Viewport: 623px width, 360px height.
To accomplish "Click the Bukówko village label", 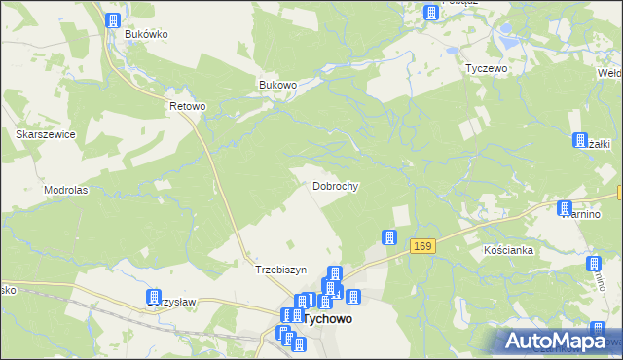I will point(147,34).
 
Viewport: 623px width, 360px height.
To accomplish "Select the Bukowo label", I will point(277,85).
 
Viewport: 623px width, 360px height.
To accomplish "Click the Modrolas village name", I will point(66,190).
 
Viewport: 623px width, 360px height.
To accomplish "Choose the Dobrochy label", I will point(337,185).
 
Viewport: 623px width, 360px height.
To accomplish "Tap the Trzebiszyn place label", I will point(280,270).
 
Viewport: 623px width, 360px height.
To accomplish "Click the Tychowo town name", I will point(328,318).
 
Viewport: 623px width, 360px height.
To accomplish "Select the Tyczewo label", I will point(488,69).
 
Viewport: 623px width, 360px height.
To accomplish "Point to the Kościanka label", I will point(508,250).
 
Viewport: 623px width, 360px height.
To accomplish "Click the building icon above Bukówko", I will point(113,20).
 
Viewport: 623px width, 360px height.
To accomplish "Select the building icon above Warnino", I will point(565,207).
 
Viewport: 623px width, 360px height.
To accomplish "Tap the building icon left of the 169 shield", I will point(389,236).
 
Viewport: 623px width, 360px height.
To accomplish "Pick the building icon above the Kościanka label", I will point(593,265).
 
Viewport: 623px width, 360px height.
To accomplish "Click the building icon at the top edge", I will point(430,12).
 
